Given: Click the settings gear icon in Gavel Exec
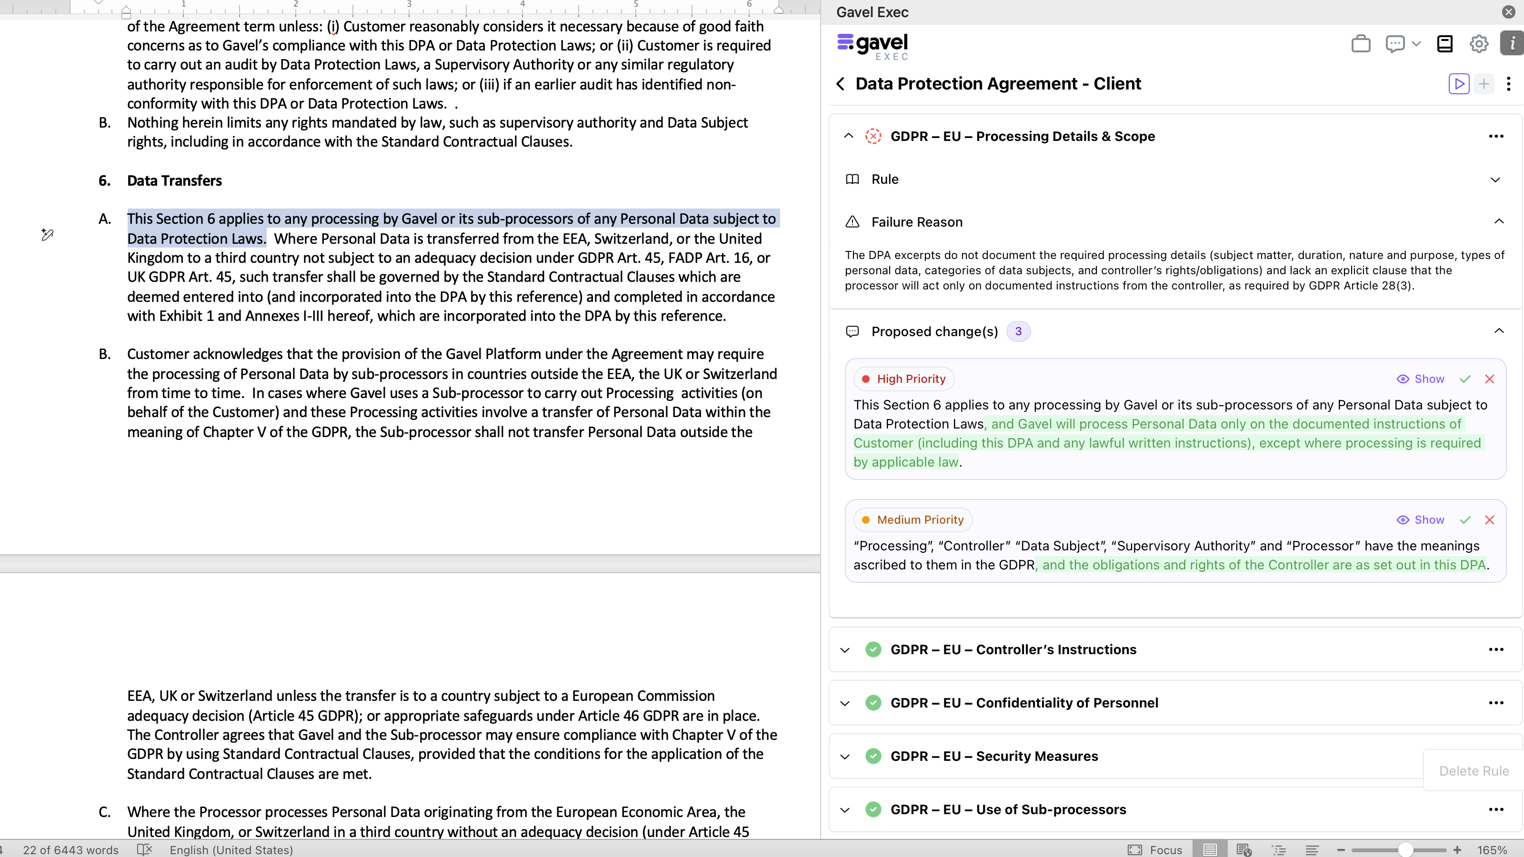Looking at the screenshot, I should [1478, 44].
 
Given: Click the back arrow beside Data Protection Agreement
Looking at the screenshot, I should [841, 84].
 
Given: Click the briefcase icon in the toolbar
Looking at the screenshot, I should [1361, 44].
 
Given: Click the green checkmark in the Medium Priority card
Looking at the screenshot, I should [1465, 520].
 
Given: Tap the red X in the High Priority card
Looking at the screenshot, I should [1490, 379].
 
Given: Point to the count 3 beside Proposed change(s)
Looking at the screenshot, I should [1018, 332].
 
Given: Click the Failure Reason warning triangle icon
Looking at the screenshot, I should [852, 222].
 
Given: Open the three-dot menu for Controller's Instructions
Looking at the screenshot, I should [1495, 649].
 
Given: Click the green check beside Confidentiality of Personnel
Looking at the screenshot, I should [872, 703].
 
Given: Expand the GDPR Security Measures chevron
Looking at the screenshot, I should [845, 757].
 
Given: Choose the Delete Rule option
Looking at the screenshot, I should [1474, 771].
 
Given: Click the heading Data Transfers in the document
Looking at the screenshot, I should [174, 180].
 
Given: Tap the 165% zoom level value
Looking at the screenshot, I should [1492, 850].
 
